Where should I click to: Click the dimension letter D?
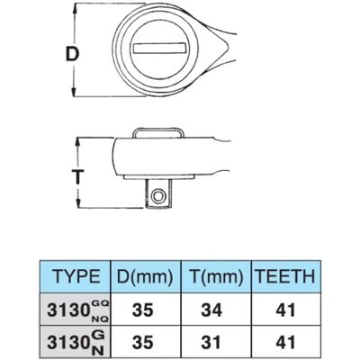73,54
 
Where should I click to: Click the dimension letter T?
77,176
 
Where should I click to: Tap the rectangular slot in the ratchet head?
159,49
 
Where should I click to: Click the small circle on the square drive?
157,196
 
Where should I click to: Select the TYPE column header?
76,276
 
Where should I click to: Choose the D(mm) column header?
145,277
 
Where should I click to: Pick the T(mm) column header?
217,277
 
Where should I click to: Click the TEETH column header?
285,276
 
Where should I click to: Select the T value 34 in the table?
211,310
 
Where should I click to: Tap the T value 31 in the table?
211,342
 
